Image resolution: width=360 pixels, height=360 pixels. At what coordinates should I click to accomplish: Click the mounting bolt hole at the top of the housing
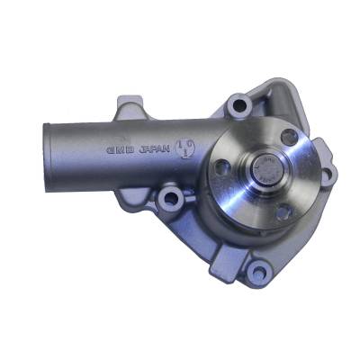tap(238, 105)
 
